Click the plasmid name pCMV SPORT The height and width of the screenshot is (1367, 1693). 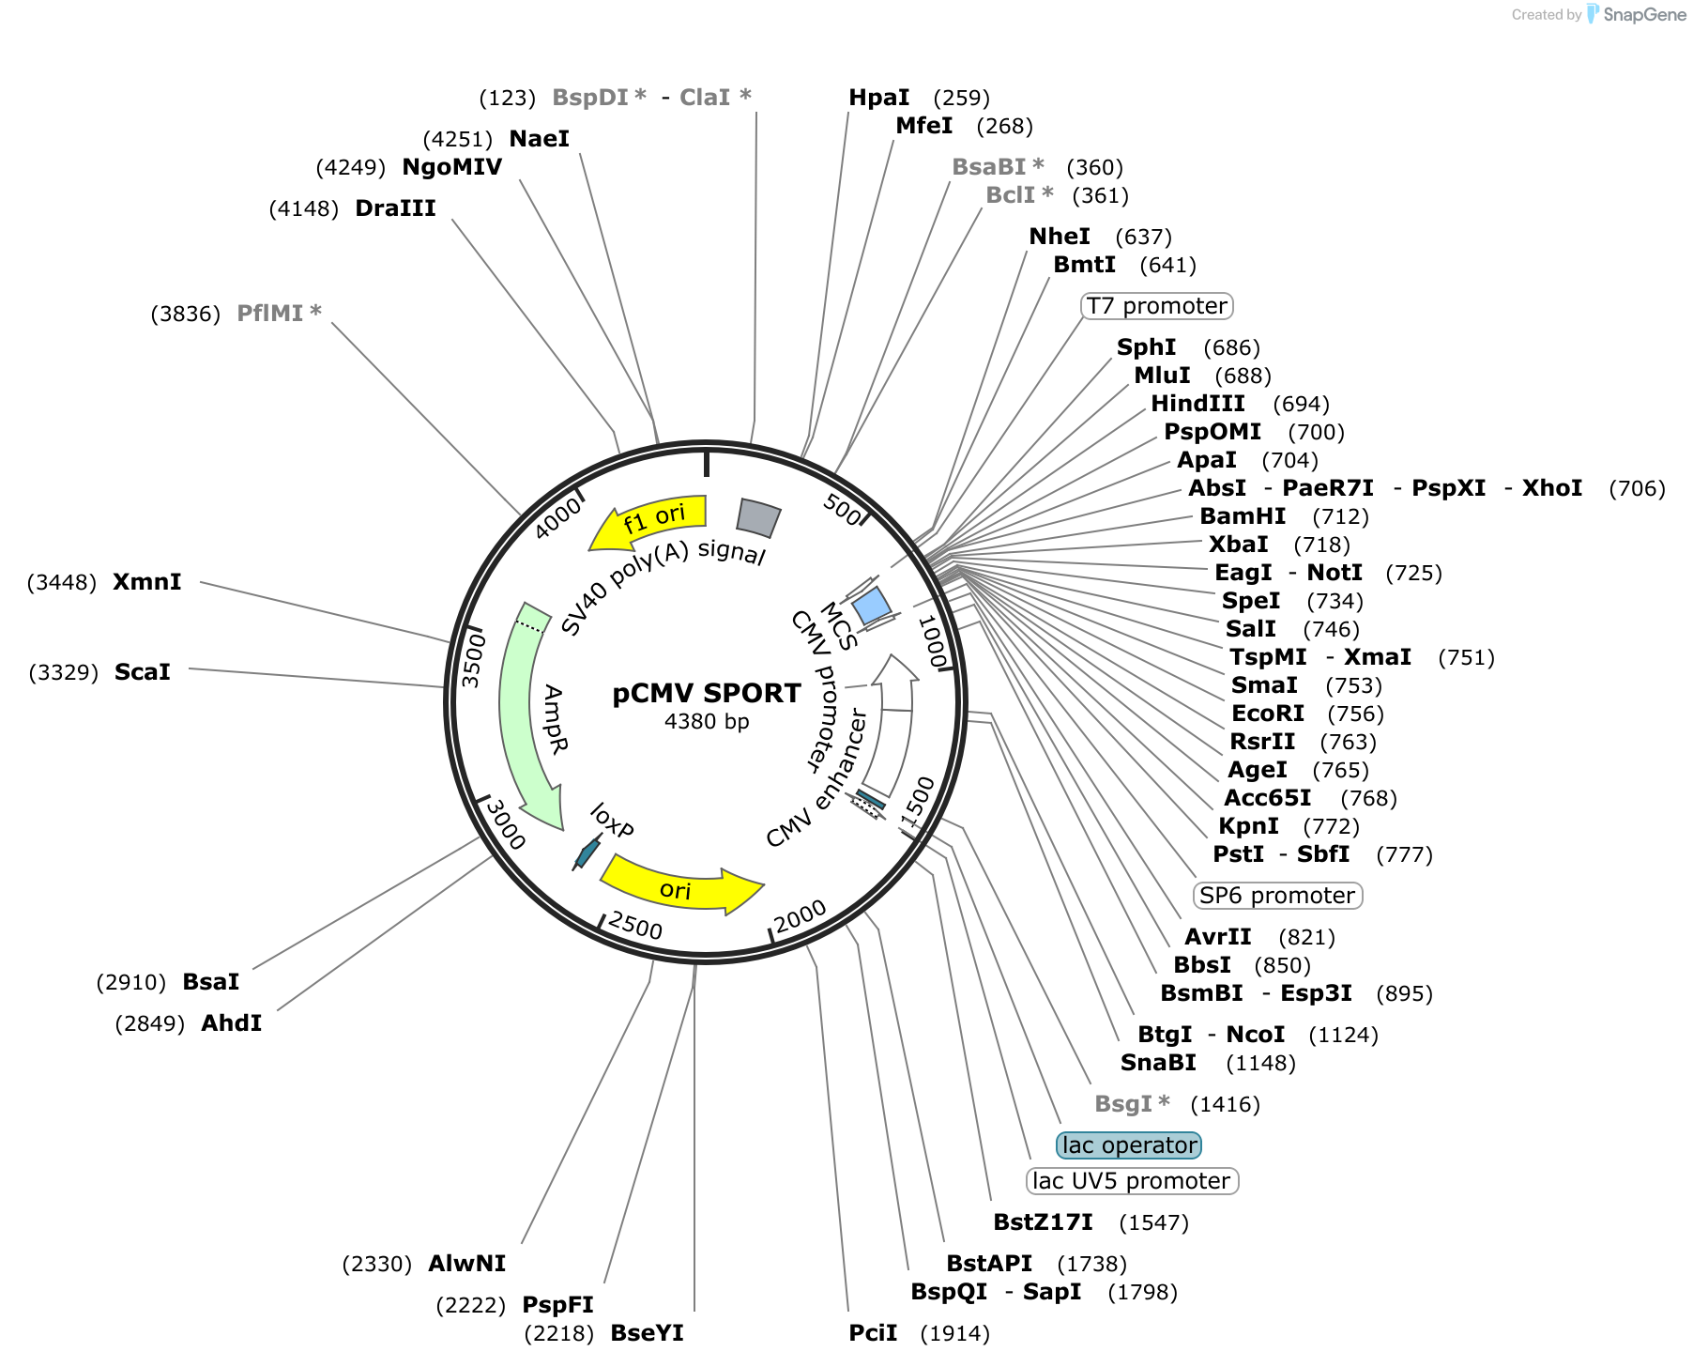pyautogui.click(x=707, y=693)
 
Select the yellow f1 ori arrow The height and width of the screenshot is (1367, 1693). pyautogui.click(x=648, y=522)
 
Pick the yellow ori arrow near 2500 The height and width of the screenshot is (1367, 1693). pyautogui.click(x=680, y=885)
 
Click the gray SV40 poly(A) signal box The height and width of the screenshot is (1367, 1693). pyautogui.click(x=758, y=517)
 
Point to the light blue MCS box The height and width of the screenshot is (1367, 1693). pyautogui.click(x=872, y=606)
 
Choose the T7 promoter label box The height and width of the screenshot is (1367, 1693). pyautogui.click(x=1156, y=306)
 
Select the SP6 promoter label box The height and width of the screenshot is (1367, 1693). pyautogui.click(x=1277, y=896)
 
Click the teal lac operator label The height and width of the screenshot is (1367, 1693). pyautogui.click(x=1129, y=1145)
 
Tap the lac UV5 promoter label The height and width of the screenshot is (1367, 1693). pyautogui.click(x=1132, y=1181)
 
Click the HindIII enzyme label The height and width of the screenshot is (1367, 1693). pyautogui.click(x=1198, y=404)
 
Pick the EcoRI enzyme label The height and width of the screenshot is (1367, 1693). pyautogui.click(x=1268, y=714)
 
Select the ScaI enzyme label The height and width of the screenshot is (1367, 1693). pyautogui.click(x=143, y=672)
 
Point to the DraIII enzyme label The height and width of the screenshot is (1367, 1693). pyautogui.click(x=395, y=208)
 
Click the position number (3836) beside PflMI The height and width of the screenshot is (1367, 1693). pyautogui.click(x=186, y=314)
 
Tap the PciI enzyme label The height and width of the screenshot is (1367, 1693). pyautogui.click(x=874, y=1333)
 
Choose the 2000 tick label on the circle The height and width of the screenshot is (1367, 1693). pyautogui.click(x=801, y=916)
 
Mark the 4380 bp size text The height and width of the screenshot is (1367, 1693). pyautogui.click(x=707, y=722)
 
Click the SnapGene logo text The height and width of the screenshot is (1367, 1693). pyautogui.click(x=1645, y=14)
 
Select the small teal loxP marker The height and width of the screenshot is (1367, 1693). pyautogui.click(x=587, y=852)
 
